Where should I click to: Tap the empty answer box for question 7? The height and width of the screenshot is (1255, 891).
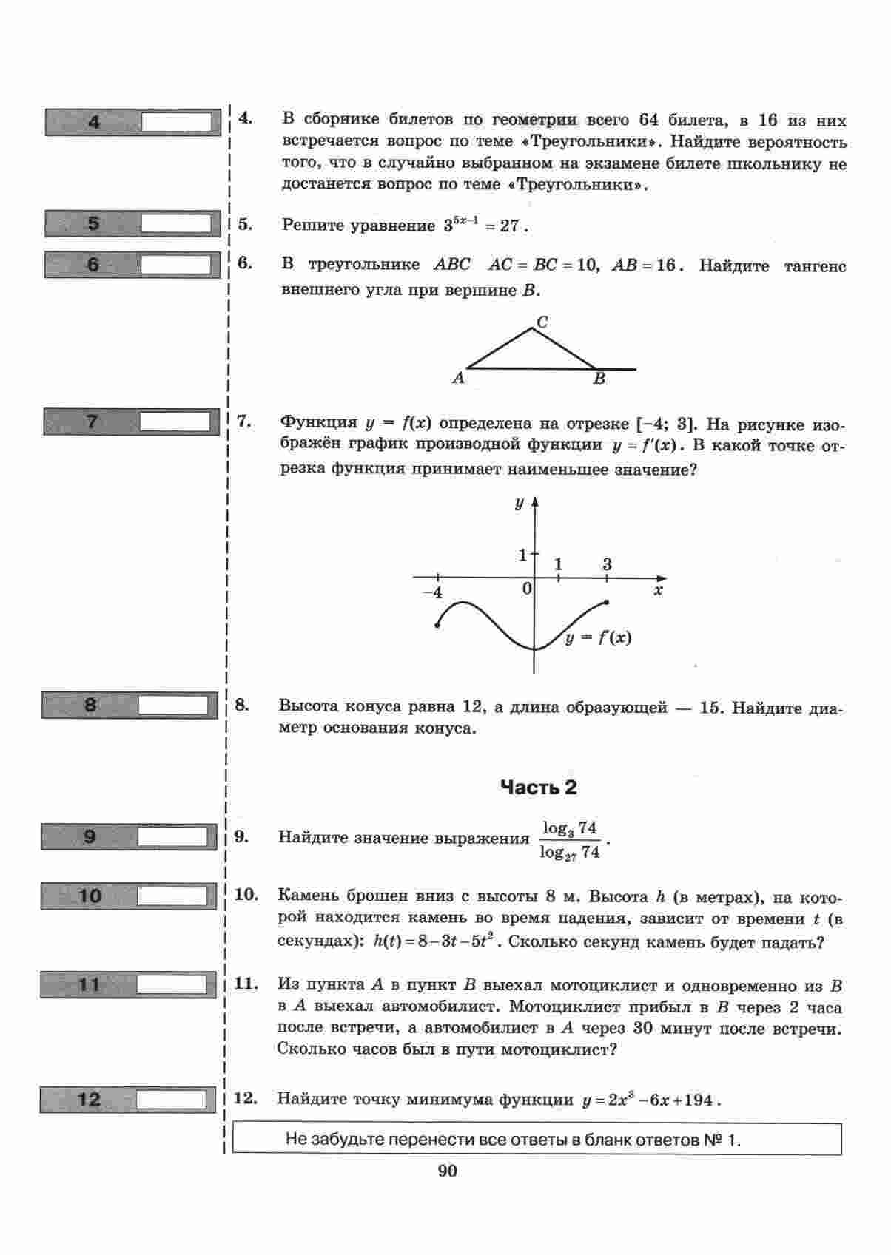click(175, 422)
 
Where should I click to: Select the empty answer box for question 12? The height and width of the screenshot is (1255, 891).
click(171, 1100)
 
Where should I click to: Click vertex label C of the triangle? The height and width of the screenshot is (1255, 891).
click(542, 322)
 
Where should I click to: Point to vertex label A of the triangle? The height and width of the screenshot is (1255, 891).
click(458, 378)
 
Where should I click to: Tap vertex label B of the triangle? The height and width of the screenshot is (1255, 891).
click(599, 379)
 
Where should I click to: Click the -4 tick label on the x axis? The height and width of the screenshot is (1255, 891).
click(432, 592)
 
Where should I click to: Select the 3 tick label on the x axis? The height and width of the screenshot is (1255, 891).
click(607, 564)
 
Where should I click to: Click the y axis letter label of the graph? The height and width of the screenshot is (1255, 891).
click(520, 504)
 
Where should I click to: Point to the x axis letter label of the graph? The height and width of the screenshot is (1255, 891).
click(658, 591)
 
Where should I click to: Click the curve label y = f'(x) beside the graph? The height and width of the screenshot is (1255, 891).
click(598, 637)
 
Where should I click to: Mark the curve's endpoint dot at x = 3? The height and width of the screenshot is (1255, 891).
click(607, 603)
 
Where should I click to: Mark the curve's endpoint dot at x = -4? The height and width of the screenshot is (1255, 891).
click(437, 626)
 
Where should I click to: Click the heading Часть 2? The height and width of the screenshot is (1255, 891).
click(538, 788)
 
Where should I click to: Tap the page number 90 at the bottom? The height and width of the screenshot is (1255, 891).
click(447, 1171)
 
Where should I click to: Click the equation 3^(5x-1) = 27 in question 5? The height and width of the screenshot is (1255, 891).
click(482, 226)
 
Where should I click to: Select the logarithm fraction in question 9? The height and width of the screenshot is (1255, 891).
click(569, 840)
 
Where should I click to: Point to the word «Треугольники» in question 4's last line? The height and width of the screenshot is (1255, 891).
click(575, 185)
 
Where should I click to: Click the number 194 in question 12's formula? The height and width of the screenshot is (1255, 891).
click(698, 1100)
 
